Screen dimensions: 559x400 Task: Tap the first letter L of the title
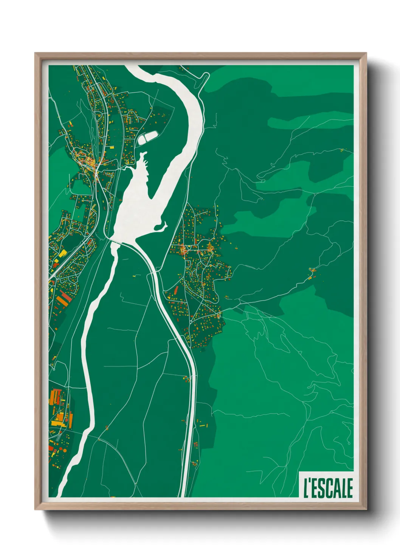pos(306,488)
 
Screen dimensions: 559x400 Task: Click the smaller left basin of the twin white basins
pos(142,140)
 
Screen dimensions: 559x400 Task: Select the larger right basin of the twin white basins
pos(152,135)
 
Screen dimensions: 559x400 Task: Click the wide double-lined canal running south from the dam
pos(178,332)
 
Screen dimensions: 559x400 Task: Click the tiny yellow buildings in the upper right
pos(342,150)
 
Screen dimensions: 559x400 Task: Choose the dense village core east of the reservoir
pos(185,249)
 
